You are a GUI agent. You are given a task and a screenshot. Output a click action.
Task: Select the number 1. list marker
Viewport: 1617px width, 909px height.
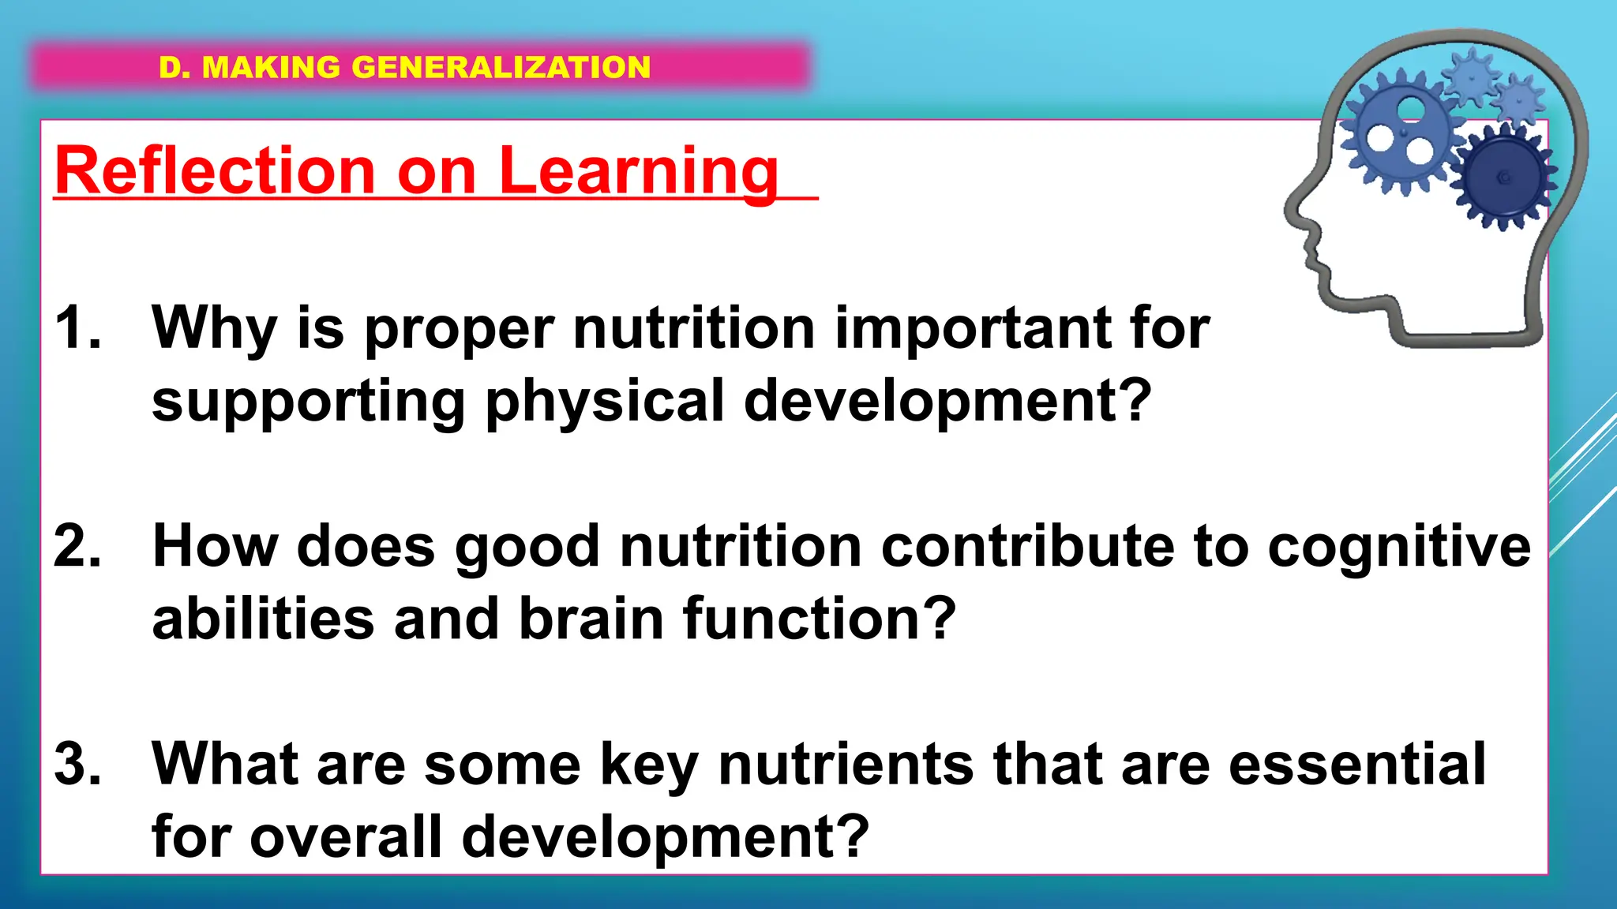point(78,327)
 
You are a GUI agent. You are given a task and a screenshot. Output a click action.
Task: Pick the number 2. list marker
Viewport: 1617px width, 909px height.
point(78,546)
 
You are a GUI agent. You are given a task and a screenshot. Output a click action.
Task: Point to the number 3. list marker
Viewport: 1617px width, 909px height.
point(78,764)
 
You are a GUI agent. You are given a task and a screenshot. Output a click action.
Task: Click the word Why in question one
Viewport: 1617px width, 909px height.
point(214,327)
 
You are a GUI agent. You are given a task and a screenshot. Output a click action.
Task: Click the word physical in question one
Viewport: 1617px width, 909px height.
point(604,401)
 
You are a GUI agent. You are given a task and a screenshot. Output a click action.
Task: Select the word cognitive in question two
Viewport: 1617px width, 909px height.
point(1399,546)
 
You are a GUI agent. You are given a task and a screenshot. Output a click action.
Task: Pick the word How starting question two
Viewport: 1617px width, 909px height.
point(215,546)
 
